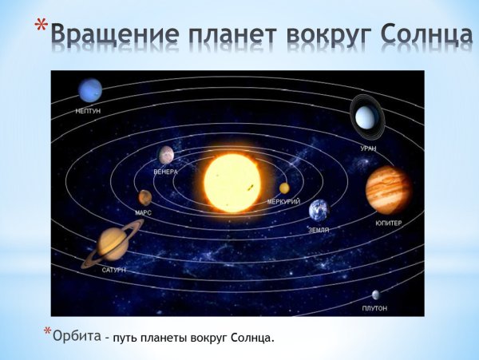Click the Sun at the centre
tap(232, 182)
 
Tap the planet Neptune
tap(89, 89)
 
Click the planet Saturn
tap(112, 243)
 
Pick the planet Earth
tap(319, 210)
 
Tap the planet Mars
tap(144, 197)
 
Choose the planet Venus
tap(166, 154)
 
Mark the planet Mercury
tap(284, 188)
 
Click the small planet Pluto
tap(375, 295)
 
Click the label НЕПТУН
tap(88, 111)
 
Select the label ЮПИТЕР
tap(389, 223)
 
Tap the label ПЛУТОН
tap(374, 308)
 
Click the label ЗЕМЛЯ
tap(319, 229)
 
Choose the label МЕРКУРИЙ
tap(283, 201)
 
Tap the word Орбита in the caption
tap(77, 336)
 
